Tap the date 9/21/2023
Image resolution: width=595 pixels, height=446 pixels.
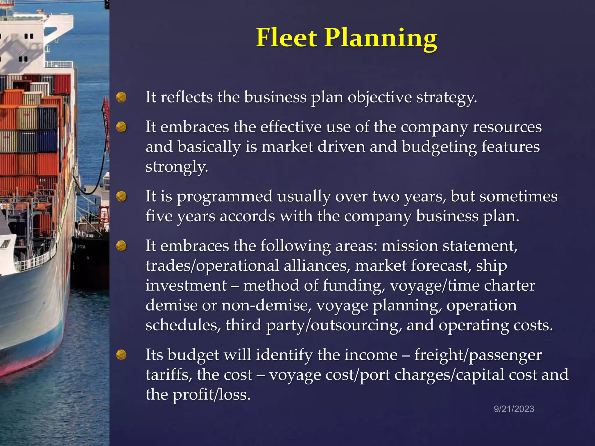(x=514, y=409)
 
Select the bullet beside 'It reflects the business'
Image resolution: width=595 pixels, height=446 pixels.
(x=121, y=97)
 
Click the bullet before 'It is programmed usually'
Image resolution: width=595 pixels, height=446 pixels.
(x=121, y=197)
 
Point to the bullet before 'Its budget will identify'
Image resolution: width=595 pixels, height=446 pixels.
(x=121, y=355)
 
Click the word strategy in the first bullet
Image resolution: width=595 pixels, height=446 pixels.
(x=447, y=98)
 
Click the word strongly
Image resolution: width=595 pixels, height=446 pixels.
(x=177, y=167)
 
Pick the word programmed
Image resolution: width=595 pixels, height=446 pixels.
(x=225, y=197)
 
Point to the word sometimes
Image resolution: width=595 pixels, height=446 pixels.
(x=518, y=197)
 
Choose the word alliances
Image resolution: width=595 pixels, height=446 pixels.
(x=317, y=266)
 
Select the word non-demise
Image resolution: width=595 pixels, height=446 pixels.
(x=266, y=305)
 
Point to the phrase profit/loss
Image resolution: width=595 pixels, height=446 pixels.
(x=212, y=395)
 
